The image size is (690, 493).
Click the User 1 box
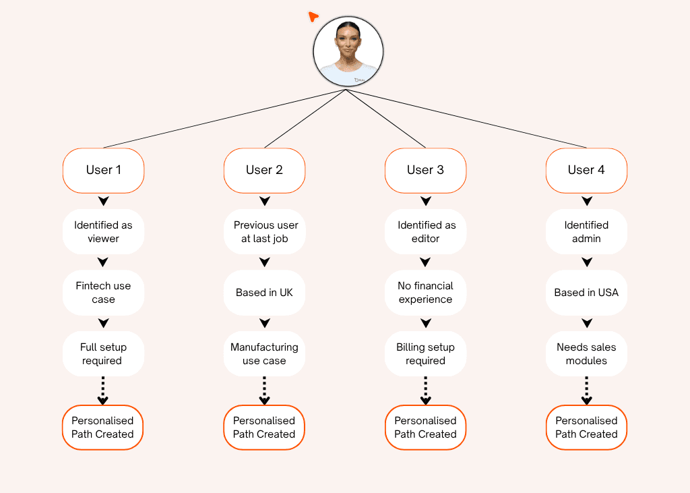103,170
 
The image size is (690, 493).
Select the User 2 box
264,170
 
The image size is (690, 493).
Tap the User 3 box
425,170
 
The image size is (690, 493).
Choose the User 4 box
586,170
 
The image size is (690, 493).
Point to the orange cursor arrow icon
313,16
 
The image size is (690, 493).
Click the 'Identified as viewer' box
103,232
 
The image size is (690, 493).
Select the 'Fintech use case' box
103,293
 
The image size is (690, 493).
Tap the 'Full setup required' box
103,354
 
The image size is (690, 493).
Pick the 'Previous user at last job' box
264,232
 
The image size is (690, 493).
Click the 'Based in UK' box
264,293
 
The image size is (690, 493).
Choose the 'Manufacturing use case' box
264,354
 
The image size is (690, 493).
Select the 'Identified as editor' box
425,232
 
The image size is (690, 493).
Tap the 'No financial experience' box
425,293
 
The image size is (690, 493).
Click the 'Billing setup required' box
425,354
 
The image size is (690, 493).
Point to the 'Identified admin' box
586,232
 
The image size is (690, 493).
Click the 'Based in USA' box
586,293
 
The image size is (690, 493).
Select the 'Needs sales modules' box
586,354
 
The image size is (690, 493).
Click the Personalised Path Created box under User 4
586,428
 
